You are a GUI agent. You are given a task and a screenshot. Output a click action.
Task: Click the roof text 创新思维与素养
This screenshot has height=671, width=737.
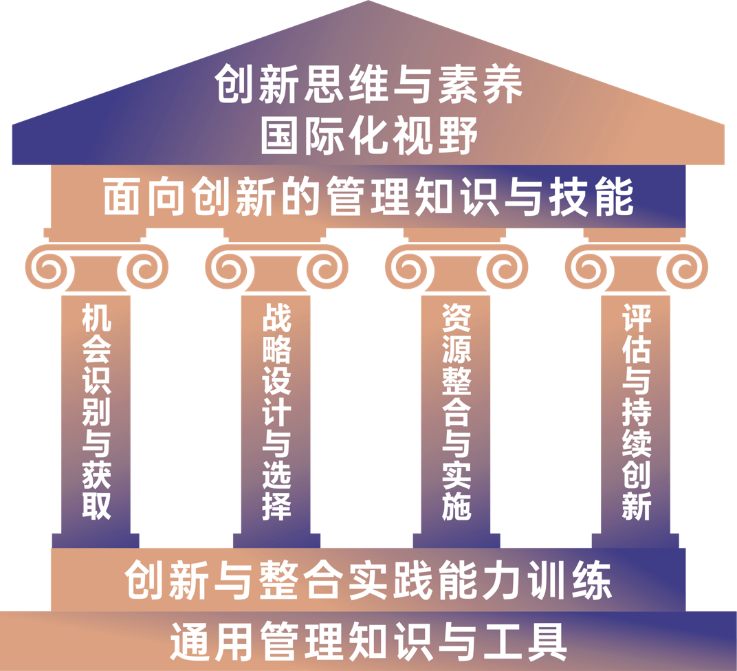click(x=368, y=85)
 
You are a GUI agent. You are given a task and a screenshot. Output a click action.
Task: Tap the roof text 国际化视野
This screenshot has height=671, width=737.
click(x=368, y=135)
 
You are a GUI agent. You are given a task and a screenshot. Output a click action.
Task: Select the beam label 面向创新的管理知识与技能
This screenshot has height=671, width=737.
click(x=368, y=197)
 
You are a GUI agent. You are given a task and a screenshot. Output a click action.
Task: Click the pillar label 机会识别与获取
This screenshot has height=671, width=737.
click(x=96, y=412)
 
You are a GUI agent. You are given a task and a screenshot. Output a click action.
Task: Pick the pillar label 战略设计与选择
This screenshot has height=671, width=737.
click(x=276, y=412)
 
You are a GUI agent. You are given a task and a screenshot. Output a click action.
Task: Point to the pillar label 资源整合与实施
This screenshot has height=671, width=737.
click(x=456, y=412)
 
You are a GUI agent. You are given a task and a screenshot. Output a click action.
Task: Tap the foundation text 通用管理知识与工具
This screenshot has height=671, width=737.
click(x=368, y=641)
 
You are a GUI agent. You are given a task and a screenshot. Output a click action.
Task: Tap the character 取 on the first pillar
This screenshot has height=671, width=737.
click(x=96, y=506)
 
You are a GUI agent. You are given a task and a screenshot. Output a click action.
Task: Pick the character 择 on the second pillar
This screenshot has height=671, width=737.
click(x=276, y=506)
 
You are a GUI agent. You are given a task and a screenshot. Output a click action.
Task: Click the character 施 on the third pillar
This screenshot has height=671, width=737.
click(x=456, y=506)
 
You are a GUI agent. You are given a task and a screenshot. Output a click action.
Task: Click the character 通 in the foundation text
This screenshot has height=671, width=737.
click(x=188, y=641)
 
